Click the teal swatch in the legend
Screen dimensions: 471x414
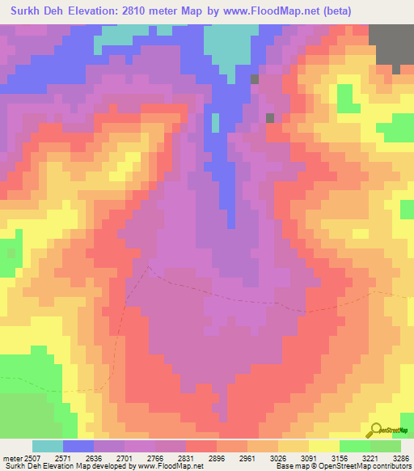pos(48,446)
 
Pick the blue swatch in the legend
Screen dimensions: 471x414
pos(78,446)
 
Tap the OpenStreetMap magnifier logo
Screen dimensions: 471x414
pos(374,429)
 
